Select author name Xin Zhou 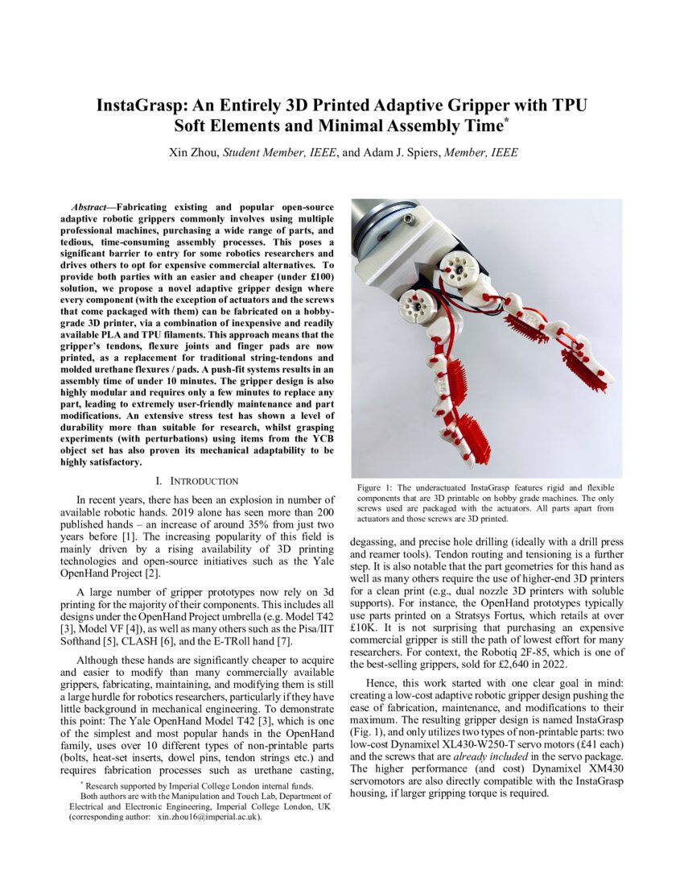193,152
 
